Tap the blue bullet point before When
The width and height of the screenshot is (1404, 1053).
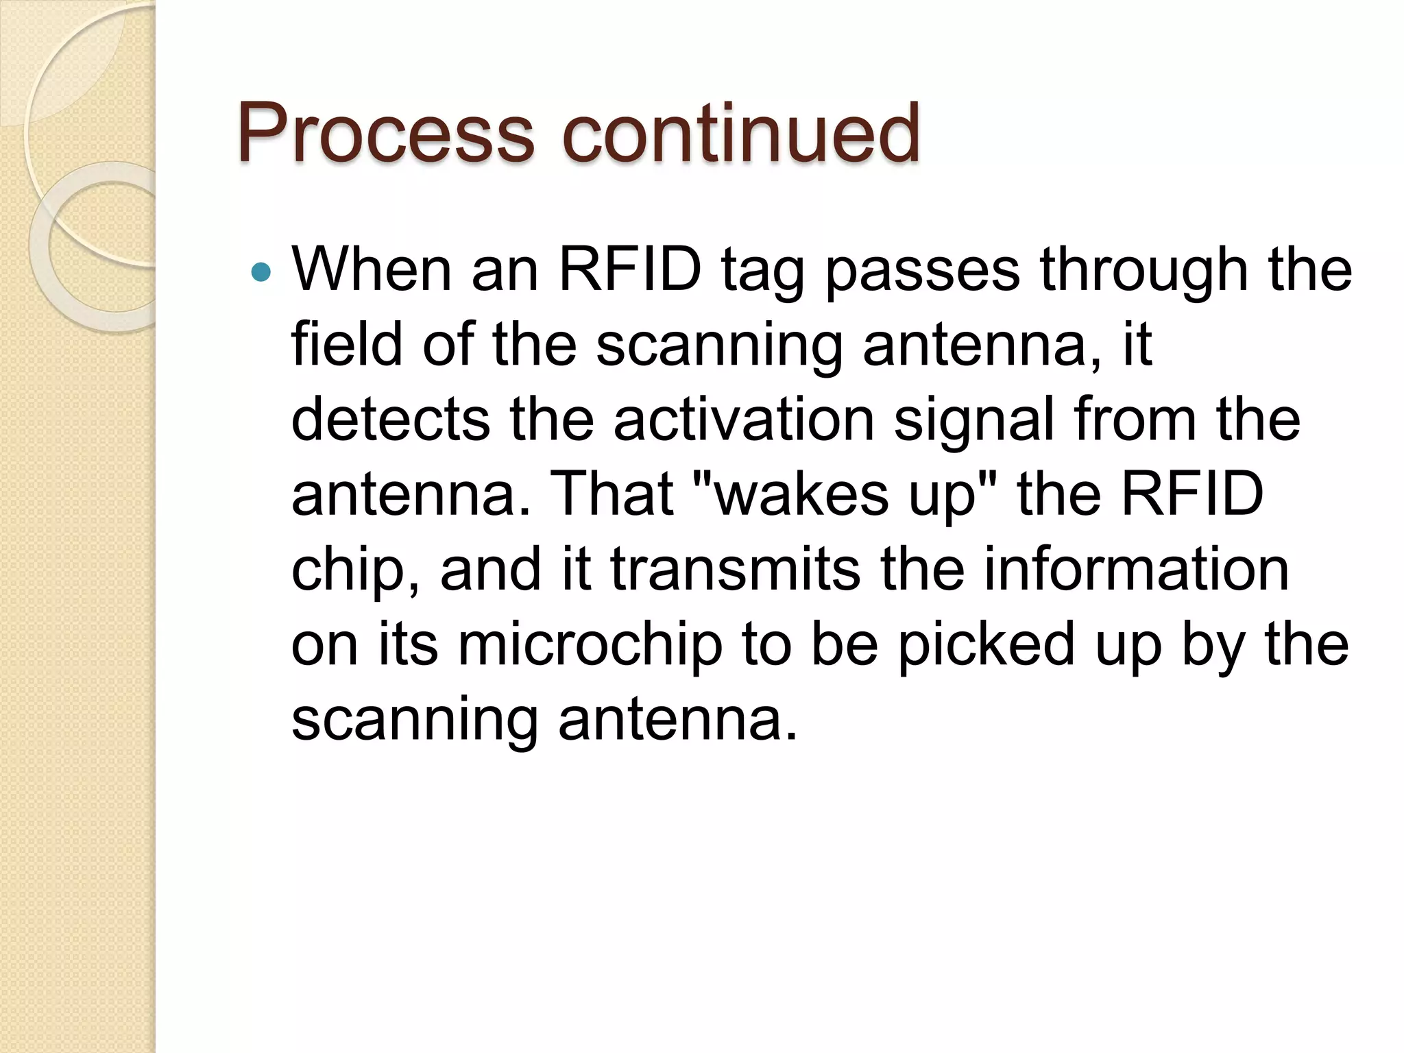[261, 272]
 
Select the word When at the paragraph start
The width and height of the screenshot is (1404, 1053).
[371, 269]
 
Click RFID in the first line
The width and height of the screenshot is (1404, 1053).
[630, 269]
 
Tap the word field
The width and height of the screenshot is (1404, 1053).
[346, 344]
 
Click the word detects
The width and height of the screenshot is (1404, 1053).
[390, 419]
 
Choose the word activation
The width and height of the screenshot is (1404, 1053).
[743, 419]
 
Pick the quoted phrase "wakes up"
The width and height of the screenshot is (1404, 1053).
[845, 495]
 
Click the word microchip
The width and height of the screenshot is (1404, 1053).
[590, 646]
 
